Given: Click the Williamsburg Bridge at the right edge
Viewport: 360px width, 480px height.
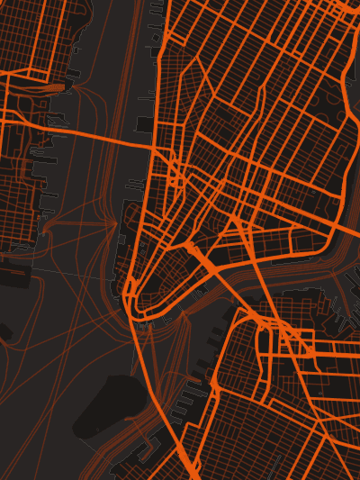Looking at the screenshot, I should point(346,230).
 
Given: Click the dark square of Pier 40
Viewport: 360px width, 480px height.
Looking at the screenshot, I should point(145,123).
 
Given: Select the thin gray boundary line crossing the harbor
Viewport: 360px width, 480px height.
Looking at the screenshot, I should point(72,270).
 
